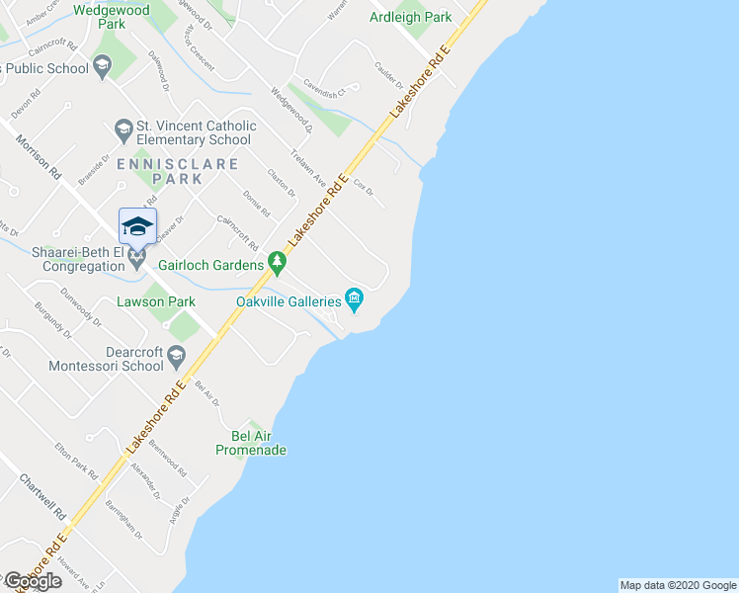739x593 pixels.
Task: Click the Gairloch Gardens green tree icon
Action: (x=278, y=264)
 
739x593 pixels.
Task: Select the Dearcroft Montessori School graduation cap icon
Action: (x=176, y=356)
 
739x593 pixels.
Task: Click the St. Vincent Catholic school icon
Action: (x=123, y=129)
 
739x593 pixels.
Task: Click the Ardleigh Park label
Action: (x=410, y=17)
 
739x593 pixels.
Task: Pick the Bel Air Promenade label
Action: (x=251, y=443)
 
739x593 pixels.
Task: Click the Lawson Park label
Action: (x=155, y=301)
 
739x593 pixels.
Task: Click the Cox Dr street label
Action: (x=363, y=185)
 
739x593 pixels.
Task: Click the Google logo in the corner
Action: (x=33, y=581)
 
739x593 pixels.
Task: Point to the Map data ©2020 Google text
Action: (x=677, y=585)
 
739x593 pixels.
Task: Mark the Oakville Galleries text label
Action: (x=287, y=301)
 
